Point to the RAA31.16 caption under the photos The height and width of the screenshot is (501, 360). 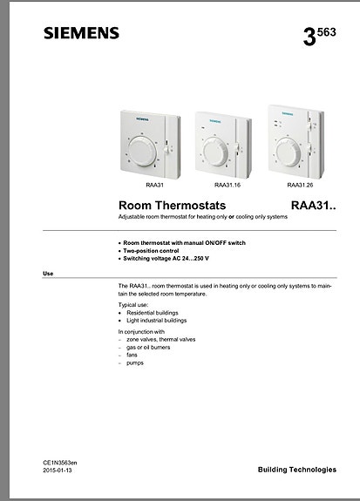[x=228, y=186]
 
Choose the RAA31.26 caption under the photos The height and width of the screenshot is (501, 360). [x=300, y=186]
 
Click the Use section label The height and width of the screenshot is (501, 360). [x=48, y=274]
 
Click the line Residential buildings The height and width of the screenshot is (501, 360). [x=155, y=312]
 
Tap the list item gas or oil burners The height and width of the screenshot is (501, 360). [x=148, y=347]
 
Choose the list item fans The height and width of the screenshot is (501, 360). [x=132, y=355]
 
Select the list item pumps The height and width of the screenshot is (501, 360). [x=134, y=362]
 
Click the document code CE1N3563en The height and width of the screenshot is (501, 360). [x=59, y=463]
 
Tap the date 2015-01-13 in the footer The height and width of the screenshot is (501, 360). [x=58, y=471]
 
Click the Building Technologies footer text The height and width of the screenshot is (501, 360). [x=296, y=470]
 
